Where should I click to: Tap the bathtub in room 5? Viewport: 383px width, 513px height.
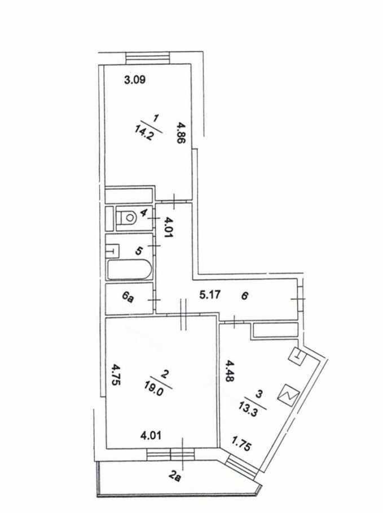click(130, 269)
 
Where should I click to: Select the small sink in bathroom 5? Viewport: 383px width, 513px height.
click(112, 251)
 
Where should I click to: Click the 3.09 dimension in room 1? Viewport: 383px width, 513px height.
click(135, 79)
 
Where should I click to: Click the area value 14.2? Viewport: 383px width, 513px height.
click(144, 133)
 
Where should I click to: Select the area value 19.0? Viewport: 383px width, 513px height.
click(154, 390)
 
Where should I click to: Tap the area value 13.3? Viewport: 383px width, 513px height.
click(248, 409)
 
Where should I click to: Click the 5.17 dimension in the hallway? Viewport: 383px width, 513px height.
click(210, 295)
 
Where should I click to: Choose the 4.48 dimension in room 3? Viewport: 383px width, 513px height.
click(230, 371)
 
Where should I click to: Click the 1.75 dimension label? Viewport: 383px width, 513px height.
click(241, 444)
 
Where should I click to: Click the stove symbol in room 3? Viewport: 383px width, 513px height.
click(288, 395)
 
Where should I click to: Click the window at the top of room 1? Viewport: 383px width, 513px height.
click(148, 58)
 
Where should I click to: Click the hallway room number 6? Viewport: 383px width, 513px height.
click(245, 296)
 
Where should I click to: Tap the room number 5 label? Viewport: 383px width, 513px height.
click(139, 251)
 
